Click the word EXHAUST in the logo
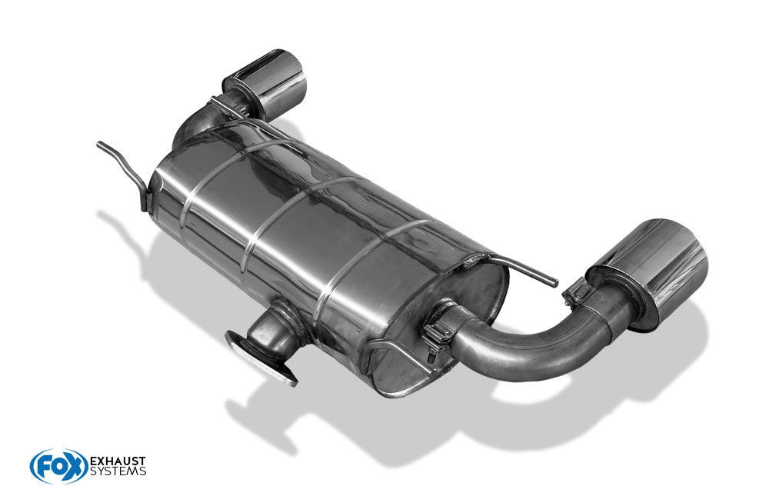click(x=118, y=461)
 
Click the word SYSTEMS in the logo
click(x=118, y=471)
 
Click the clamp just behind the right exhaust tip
click(x=576, y=294)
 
